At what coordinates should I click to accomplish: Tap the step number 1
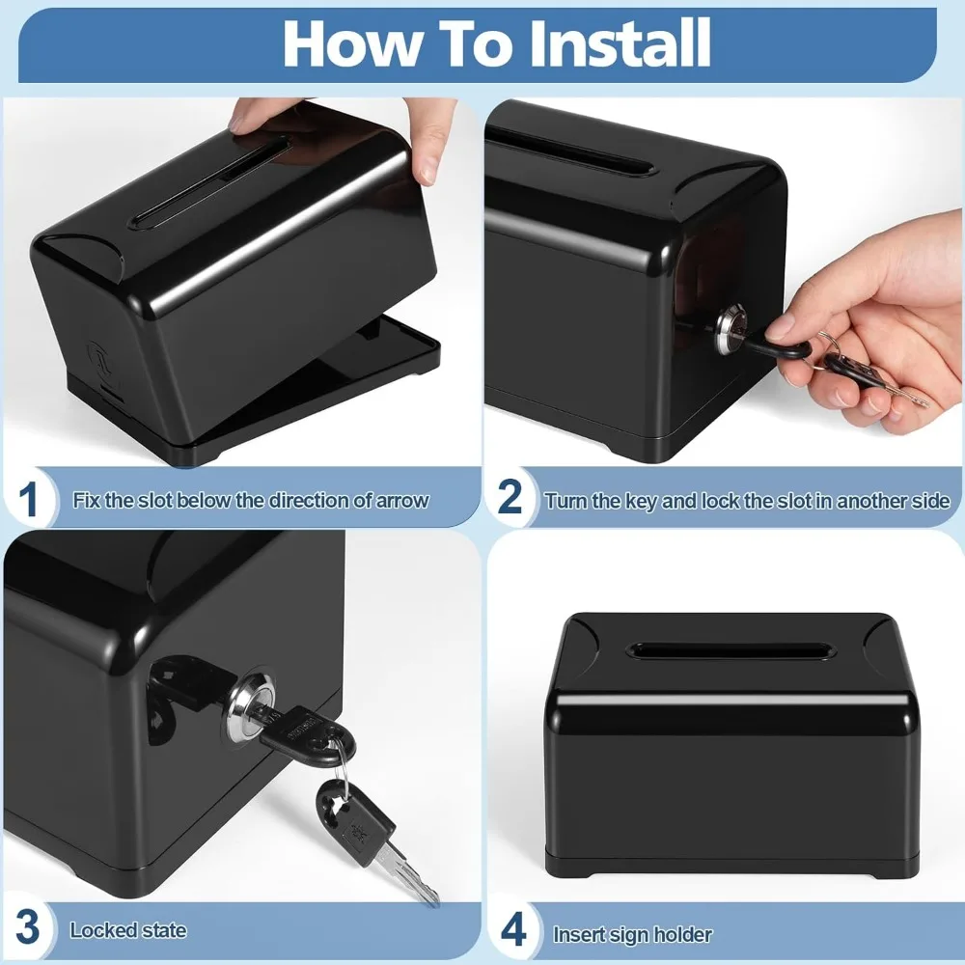[x=29, y=500]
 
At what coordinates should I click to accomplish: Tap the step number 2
[x=510, y=497]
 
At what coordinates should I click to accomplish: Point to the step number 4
[x=513, y=931]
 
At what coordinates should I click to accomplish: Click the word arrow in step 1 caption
[x=401, y=501]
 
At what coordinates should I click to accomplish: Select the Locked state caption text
[x=128, y=931]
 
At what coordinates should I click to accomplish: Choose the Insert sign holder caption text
[x=632, y=934]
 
